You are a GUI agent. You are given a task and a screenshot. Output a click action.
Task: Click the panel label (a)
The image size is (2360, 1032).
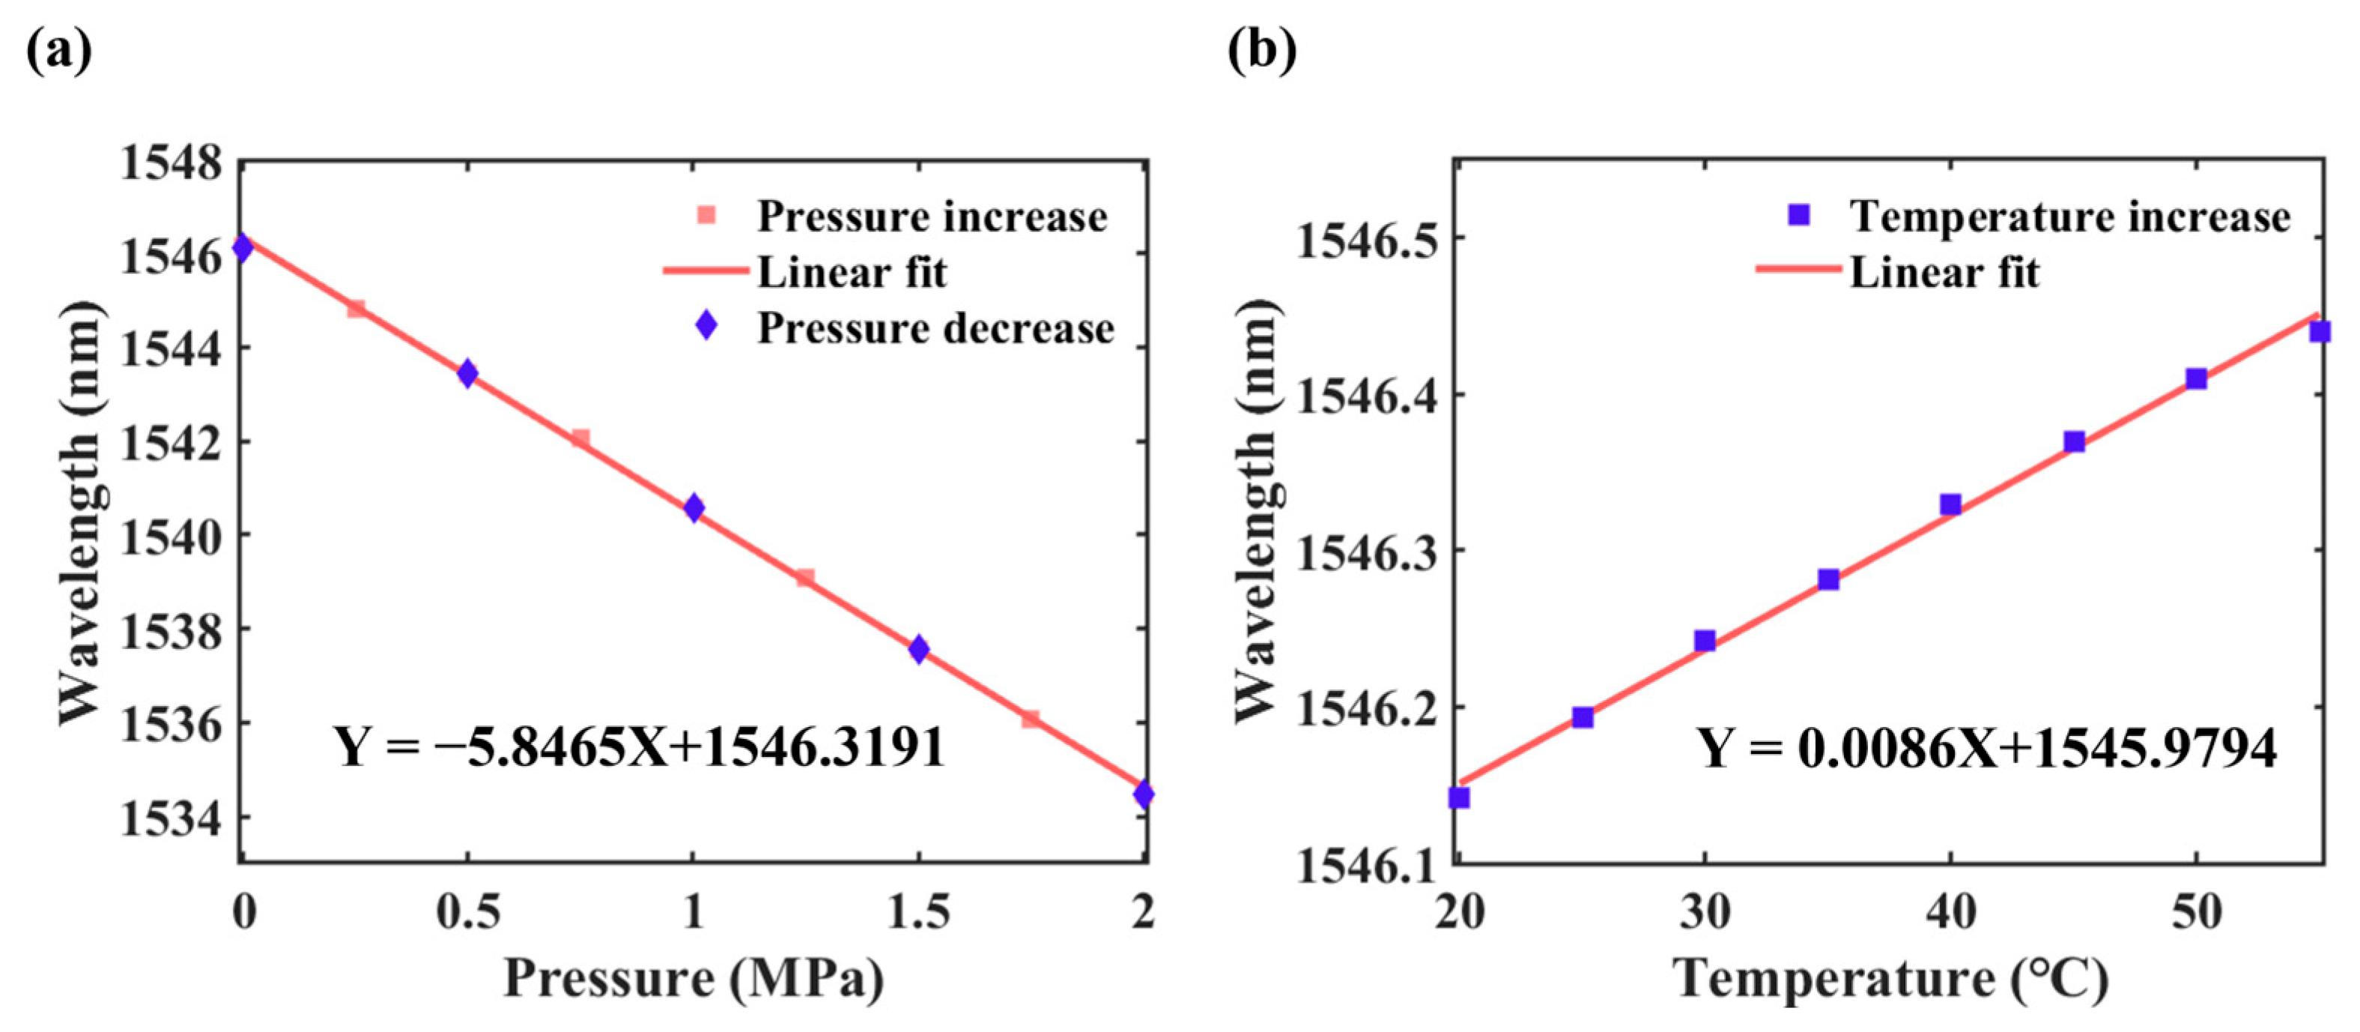click(x=58, y=50)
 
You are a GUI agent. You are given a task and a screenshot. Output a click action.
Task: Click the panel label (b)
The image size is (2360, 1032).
click(x=1261, y=50)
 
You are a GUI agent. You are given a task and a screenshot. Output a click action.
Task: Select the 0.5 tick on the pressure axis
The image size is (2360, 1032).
click(x=468, y=912)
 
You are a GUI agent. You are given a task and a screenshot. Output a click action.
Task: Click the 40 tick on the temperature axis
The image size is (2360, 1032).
click(x=1950, y=912)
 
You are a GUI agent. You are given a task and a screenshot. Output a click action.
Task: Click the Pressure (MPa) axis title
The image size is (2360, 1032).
click(x=694, y=978)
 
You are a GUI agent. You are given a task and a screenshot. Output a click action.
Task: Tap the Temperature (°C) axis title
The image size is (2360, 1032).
click(x=1891, y=978)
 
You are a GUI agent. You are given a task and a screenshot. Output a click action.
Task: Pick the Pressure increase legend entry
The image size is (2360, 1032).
click(x=931, y=217)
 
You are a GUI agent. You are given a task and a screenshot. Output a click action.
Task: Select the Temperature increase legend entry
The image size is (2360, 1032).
click(x=2069, y=217)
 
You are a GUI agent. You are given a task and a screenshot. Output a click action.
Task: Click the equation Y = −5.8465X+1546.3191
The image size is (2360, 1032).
click(x=639, y=747)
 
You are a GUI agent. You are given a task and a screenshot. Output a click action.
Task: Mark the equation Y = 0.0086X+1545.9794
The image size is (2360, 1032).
click(x=1987, y=748)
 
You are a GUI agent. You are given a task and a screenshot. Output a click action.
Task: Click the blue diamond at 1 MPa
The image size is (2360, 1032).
click(x=694, y=507)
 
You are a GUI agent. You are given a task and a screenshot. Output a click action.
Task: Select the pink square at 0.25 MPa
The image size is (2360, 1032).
click(x=357, y=309)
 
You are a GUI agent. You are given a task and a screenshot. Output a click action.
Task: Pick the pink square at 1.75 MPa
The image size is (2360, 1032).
click(x=1031, y=719)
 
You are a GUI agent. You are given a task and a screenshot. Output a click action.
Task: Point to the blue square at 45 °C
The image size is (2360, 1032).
click(x=2074, y=441)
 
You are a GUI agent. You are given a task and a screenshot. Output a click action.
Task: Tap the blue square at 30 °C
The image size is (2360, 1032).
click(x=1705, y=641)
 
